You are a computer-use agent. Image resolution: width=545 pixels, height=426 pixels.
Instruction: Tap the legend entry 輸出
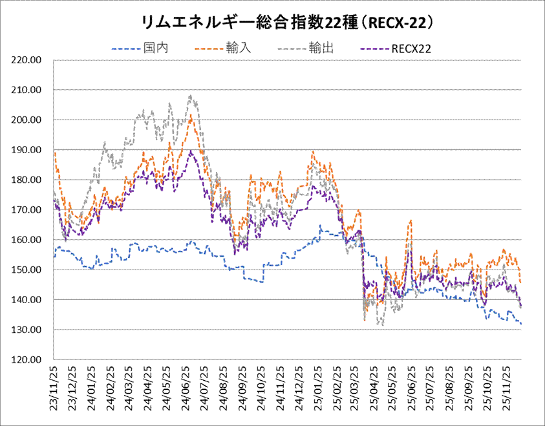(x=321, y=48)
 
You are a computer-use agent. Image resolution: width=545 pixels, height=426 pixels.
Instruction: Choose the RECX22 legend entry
(x=411, y=48)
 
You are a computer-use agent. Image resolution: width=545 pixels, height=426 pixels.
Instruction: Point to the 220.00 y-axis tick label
(x=27, y=60)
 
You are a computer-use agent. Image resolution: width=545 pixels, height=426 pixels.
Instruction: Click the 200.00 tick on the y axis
(x=27, y=120)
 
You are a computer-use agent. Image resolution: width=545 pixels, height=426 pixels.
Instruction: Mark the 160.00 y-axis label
(x=27, y=240)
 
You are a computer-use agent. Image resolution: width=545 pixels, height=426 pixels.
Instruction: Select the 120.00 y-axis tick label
(x=27, y=359)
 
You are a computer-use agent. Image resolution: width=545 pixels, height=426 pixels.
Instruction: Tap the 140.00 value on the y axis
(x=27, y=300)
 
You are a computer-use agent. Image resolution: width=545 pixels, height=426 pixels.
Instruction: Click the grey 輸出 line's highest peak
(x=190, y=96)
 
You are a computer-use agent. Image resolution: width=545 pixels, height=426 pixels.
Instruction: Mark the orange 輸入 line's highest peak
(x=191, y=115)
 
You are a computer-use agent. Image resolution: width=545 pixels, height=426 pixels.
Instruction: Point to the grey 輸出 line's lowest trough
(x=382, y=325)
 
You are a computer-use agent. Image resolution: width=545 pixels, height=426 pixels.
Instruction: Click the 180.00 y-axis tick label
(x=27, y=180)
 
